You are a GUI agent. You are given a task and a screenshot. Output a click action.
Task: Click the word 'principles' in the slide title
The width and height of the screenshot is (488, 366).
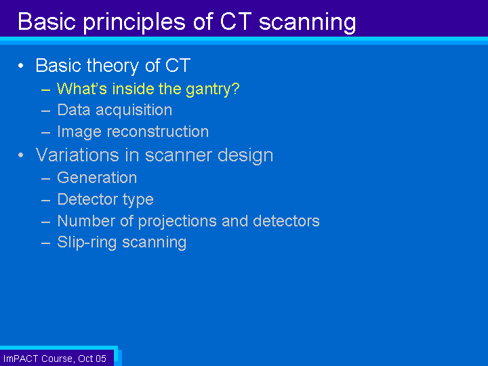coord(134,22)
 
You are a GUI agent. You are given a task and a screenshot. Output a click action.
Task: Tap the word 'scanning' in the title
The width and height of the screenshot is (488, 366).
coord(308,22)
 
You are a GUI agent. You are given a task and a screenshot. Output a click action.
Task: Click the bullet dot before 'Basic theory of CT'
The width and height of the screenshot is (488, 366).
coord(21,65)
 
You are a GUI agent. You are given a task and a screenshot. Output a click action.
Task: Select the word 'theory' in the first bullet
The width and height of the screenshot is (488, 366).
coord(113,66)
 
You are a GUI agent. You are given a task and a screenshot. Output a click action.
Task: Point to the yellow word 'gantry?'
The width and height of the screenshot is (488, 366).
coord(213,89)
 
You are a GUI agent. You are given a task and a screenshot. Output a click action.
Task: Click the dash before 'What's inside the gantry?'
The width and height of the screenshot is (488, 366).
coord(46,90)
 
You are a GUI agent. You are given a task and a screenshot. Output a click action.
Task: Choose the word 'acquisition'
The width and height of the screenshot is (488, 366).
coord(134,110)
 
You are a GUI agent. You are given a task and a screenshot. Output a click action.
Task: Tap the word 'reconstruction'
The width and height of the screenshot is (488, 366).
coord(158,131)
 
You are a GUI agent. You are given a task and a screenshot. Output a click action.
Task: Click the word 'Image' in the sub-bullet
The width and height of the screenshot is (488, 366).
coord(79,132)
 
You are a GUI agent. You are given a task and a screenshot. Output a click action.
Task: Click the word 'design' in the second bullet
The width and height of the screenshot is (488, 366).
coord(245,155)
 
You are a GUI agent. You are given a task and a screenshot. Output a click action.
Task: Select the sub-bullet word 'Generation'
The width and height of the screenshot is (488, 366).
coord(97,178)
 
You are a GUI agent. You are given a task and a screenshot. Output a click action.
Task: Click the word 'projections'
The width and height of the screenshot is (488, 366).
coord(178,222)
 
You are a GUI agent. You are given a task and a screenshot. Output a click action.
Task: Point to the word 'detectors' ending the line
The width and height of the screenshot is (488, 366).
coord(286,221)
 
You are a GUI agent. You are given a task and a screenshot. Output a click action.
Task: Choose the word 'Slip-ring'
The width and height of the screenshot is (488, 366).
coord(87,243)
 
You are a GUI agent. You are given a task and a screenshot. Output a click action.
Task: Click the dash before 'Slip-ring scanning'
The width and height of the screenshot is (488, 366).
coord(46,243)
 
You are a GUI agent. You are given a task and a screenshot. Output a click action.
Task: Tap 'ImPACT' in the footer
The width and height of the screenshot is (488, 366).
coord(20,359)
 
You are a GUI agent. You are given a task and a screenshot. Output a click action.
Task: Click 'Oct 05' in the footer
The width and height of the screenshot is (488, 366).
coord(92,359)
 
